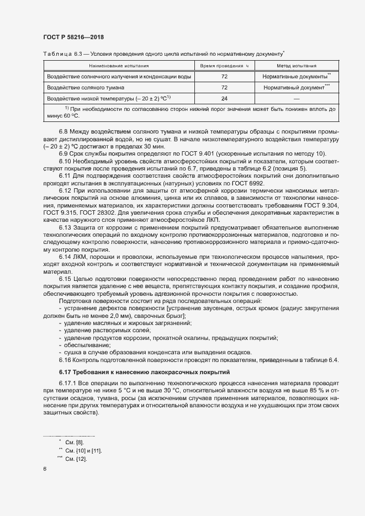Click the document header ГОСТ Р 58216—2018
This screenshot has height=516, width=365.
click(x=73, y=37)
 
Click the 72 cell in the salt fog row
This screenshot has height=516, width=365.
click(x=224, y=88)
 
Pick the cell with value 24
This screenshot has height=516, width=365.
click(x=224, y=99)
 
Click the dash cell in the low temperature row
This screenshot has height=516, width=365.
click(x=297, y=99)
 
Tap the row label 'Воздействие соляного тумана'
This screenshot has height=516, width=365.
click(x=86, y=88)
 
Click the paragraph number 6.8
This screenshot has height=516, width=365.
click(x=64, y=132)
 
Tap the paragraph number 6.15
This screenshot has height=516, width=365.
click(x=65, y=279)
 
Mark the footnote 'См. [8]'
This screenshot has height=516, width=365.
click(x=75, y=443)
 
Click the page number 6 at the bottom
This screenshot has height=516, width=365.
click(x=44, y=470)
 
